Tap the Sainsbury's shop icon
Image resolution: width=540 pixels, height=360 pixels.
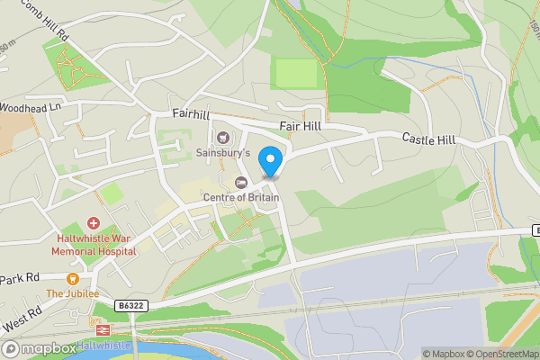(222, 138)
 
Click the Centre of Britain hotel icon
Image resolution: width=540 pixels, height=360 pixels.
(240, 183)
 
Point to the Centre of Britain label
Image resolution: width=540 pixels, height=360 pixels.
(240, 198)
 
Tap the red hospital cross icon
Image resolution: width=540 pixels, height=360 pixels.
(93, 223)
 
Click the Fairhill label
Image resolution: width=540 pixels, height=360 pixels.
(191, 114)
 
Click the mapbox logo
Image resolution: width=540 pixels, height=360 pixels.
(39, 348)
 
